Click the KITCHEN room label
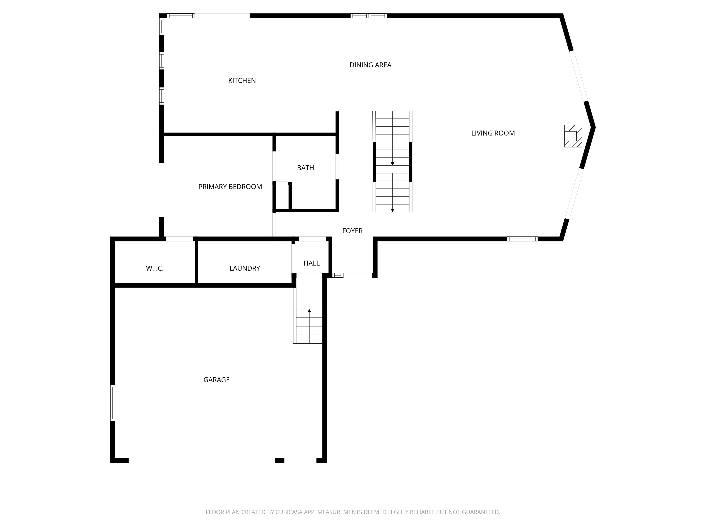click(242, 81)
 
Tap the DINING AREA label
click(370, 65)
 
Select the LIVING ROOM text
click(493, 133)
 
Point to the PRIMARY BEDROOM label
click(230, 187)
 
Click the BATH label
click(305, 168)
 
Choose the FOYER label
click(352, 231)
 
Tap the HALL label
click(311, 263)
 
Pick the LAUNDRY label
click(245, 268)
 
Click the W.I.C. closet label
click(155, 269)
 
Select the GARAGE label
click(216, 380)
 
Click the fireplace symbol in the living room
click(573, 136)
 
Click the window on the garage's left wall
click(113, 403)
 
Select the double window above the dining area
click(369, 16)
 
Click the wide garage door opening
click(202, 460)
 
